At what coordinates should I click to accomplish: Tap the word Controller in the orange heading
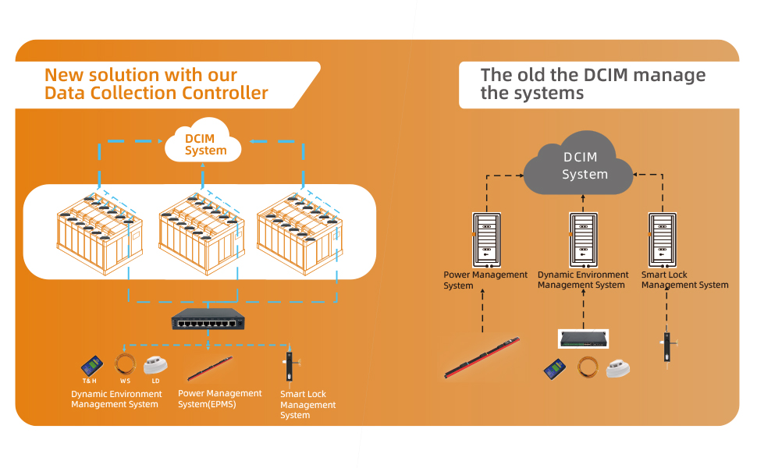(x=225, y=94)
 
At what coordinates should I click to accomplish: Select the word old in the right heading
(x=528, y=76)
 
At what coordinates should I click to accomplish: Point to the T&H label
(x=89, y=381)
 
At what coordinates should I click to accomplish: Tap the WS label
(x=125, y=381)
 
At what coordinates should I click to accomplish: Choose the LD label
(x=156, y=381)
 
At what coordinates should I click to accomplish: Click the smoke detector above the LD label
(x=156, y=365)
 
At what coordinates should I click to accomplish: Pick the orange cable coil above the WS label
(x=125, y=364)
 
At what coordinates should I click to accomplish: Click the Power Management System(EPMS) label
(x=220, y=399)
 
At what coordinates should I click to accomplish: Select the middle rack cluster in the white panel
(x=200, y=232)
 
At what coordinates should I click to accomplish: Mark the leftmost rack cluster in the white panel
(x=98, y=232)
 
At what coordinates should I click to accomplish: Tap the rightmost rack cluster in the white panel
(x=299, y=232)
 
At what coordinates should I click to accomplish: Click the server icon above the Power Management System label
(x=485, y=238)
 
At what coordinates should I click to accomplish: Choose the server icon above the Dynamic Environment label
(x=581, y=238)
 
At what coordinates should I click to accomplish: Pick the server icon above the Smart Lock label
(x=661, y=238)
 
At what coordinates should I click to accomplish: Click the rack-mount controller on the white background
(x=583, y=339)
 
